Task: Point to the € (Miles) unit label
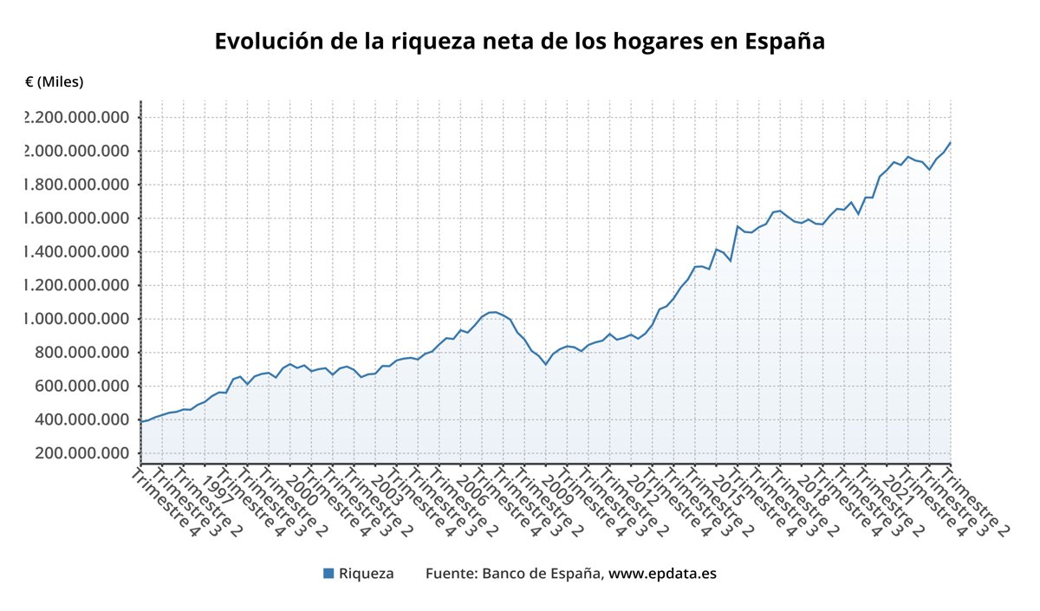(x=55, y=82)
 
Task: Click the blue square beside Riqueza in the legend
(x=328, y=573)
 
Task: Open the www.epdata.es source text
(x=662, y=574)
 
